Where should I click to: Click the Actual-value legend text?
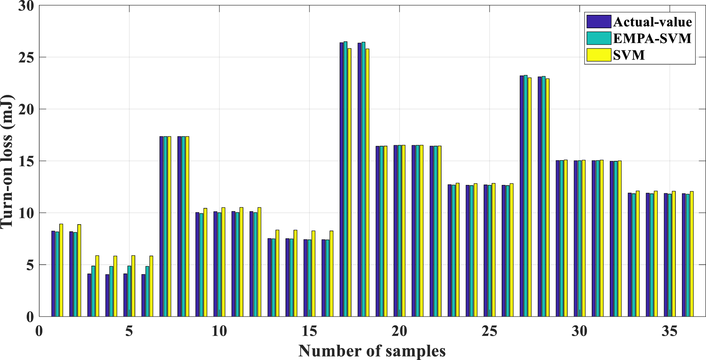click(652, 22)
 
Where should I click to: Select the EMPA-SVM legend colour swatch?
click(598, 38)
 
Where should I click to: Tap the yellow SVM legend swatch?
click(598, 55)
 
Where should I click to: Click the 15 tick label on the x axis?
click(309, 331)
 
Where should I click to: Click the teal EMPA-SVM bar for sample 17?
click(345, 179)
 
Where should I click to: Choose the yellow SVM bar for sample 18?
click(367, 183)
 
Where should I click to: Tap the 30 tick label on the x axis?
click(579, 331)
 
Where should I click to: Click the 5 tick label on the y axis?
click(29, 265)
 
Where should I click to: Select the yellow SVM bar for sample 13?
click(277, 273)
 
